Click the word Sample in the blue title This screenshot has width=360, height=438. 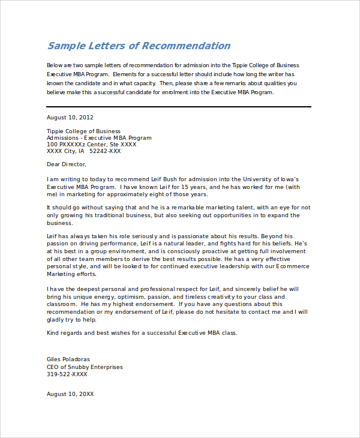[x=67, y=46]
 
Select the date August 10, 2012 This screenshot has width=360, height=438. [x=70, y=118]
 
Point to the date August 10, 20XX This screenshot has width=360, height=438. [x=70, y=394]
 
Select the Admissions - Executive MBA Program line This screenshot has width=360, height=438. [x=99, y=138]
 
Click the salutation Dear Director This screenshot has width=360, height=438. [x=67, y=164]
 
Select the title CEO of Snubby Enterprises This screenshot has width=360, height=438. [x=85, y=367]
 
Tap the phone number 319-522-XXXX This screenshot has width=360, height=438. [x=67, y=374]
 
